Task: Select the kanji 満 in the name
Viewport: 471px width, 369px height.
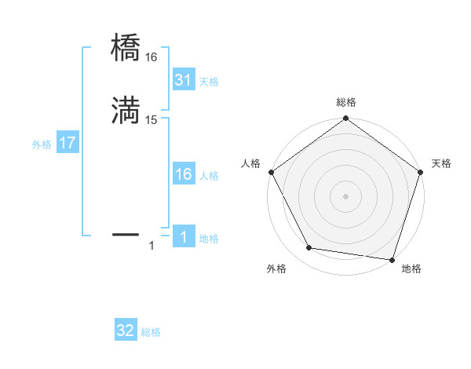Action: click(126, 111)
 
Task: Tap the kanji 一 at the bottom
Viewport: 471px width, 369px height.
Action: click(126, 233)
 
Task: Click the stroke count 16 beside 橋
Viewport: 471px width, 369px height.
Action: click(152, 57)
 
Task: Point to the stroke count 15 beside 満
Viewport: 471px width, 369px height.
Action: click(152, 120)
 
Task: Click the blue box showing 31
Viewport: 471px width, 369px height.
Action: click(183, 80)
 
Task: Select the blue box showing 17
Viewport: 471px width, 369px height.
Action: click(67, 144)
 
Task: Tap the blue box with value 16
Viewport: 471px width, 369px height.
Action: click(183, 174)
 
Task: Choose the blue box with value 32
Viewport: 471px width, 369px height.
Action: click(126, 331)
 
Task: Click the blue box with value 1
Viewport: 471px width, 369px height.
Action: click(183, 237)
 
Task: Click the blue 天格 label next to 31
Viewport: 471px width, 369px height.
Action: click(209, 82)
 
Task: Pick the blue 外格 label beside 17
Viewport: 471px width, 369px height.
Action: click(42, 144)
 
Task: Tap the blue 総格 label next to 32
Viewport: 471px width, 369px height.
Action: click(151, 332)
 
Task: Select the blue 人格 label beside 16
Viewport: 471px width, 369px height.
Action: click(209, 176)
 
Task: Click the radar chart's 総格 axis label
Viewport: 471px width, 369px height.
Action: click(345, 102)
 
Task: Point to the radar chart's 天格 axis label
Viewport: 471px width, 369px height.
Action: click(441, 163)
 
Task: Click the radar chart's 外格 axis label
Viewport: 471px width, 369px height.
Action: click(277, 269)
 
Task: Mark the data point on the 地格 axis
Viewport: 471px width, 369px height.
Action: click(392, 259)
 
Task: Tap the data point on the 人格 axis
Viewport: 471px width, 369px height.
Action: click(272, 172)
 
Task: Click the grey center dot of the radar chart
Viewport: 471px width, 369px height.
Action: click(345, 195)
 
